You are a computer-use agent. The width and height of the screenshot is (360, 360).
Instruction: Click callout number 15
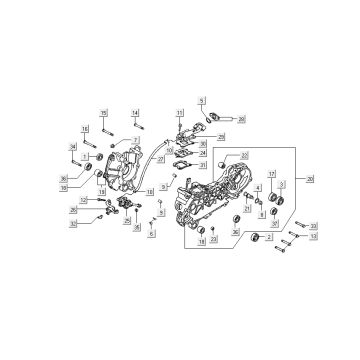[104, 113]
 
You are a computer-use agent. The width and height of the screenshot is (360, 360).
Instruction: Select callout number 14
[135, 113]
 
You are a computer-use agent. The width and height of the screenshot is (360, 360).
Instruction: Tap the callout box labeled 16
[84, 128]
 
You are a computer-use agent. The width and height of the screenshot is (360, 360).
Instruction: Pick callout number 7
[135, 140]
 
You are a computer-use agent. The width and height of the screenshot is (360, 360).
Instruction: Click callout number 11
[179, 113]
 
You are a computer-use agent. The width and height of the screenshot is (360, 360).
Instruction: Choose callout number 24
[203, 153]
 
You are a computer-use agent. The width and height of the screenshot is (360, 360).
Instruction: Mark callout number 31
[203, 165]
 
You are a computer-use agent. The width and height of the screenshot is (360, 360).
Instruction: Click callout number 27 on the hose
[161, 157]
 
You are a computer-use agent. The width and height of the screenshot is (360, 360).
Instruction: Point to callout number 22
[244, 155]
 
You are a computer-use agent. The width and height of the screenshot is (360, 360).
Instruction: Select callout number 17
[272, 173]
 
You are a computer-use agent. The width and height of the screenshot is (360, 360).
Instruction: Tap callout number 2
[269, 237]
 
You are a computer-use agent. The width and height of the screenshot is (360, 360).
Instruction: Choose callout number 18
[201, 241]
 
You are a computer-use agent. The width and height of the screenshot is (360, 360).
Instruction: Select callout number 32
[73, 223]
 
